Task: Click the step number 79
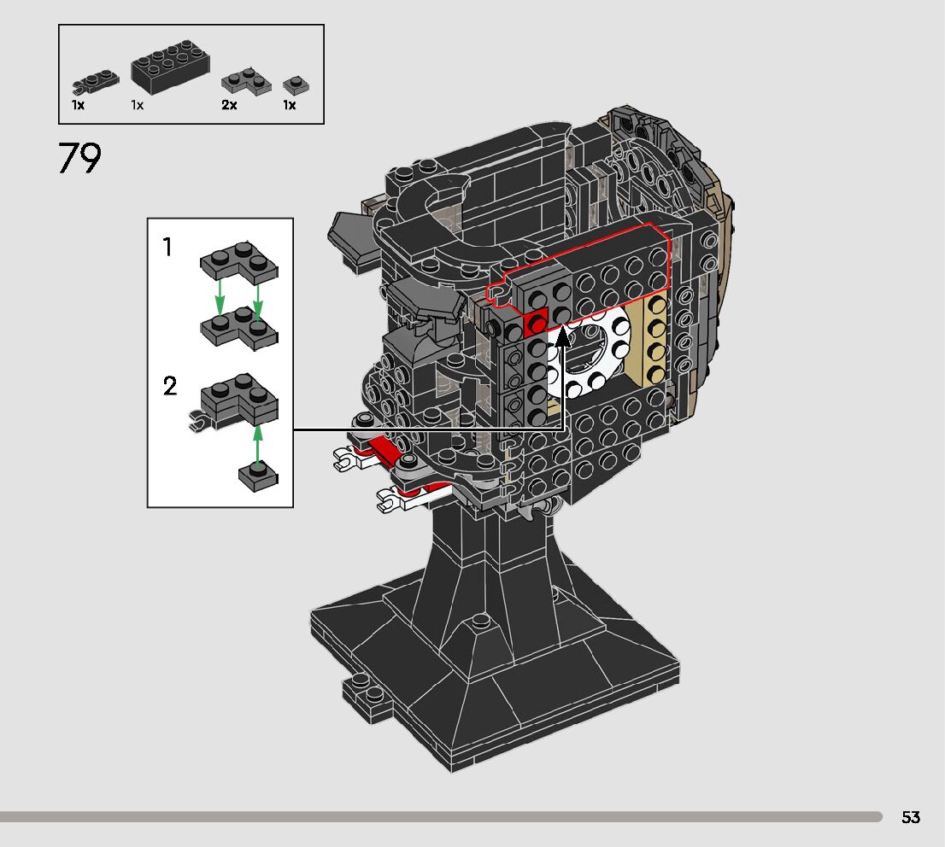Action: pyautogui.click(x=79, y=158)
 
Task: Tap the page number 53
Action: pyautogui.click(x=911, y=817)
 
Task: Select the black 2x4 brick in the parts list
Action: pyautogui.click(x=171, y=67)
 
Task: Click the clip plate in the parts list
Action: pyautogui.click(x=95, y=83)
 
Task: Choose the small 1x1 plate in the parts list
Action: pyautogui.click(x=296, y=85)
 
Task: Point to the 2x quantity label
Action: pyautogui.click(x=229, y=105)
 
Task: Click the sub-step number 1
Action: pyautogui.click(x=167, y=247)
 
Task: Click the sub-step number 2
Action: pyautogui.click(x=170, y=386)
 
